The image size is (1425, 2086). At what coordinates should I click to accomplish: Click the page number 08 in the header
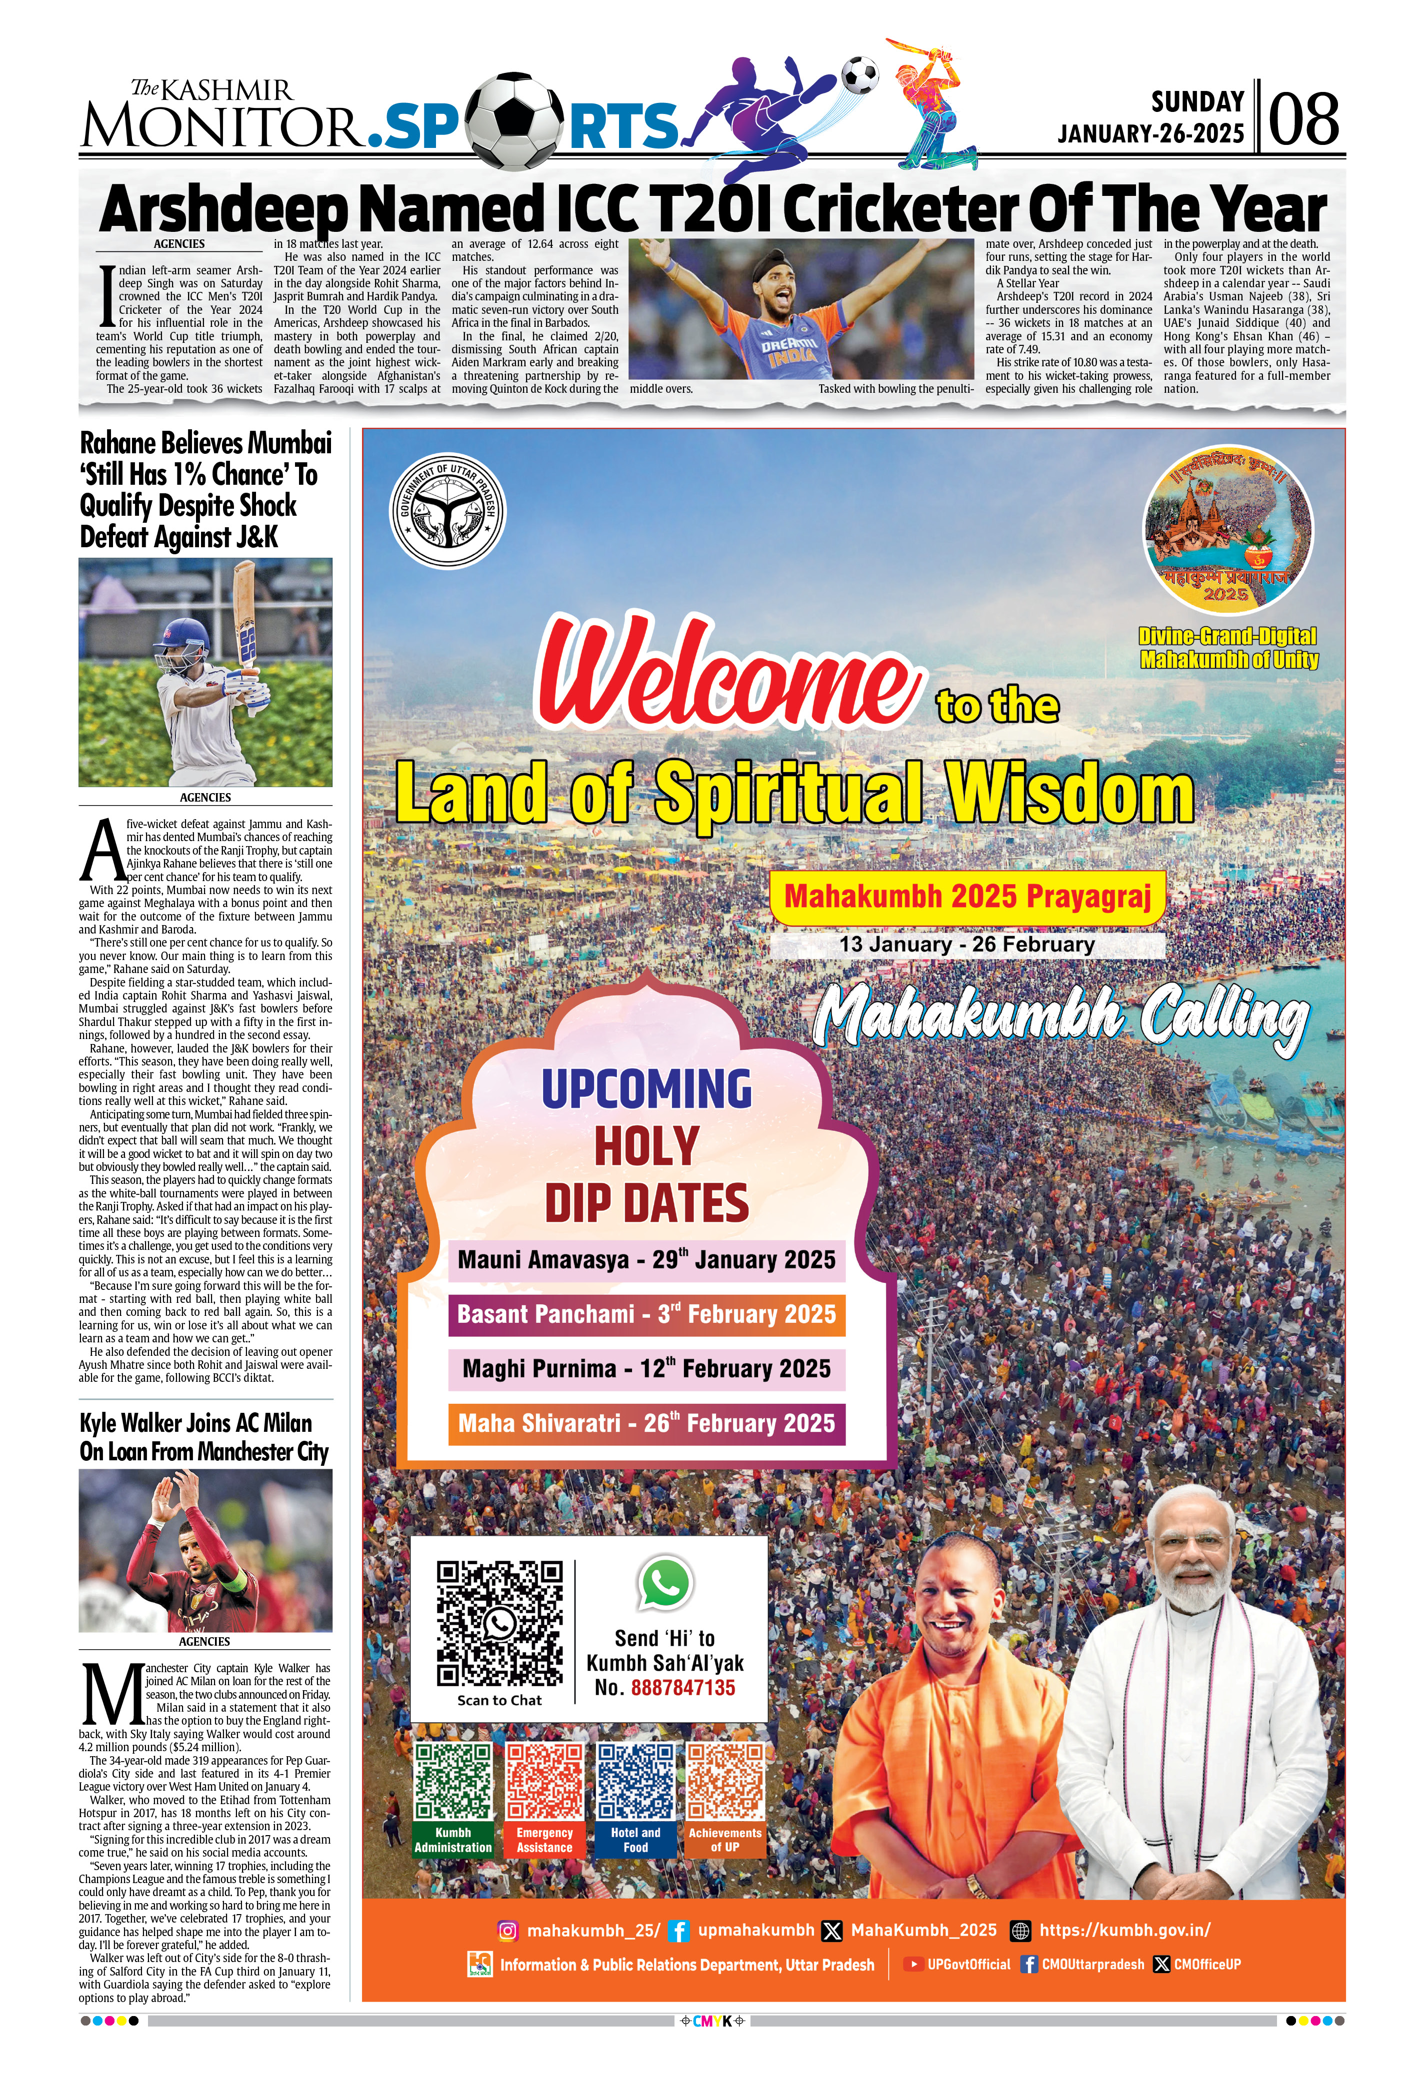point(1304,119)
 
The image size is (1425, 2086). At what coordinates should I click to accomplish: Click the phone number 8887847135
point(682,1688)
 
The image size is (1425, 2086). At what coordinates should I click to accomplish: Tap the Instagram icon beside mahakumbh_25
point(507,1930)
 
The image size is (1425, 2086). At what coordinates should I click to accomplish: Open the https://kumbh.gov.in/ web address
point(1124,1930)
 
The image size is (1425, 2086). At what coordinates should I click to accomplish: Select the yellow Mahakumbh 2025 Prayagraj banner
point(967,896)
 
